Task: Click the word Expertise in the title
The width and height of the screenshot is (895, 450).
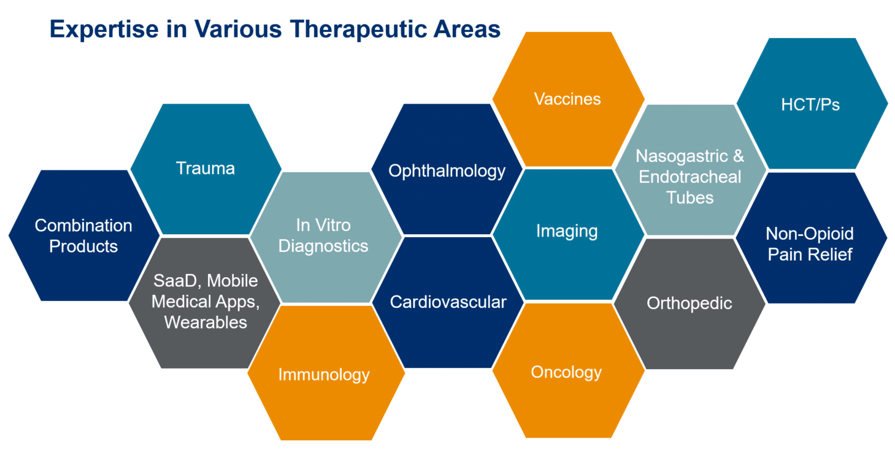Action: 104,30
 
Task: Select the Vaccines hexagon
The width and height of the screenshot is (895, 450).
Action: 568,99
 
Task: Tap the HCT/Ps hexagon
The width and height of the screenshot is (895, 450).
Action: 812,104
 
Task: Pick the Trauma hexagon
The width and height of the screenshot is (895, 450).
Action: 206,169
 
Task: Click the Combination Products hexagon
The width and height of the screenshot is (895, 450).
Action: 84,235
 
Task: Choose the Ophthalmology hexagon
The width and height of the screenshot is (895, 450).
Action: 447,169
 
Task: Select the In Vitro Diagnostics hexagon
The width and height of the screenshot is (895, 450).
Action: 325,237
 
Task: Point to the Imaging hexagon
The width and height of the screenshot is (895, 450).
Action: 568,234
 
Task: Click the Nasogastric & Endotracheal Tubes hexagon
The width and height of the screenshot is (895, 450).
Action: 690,170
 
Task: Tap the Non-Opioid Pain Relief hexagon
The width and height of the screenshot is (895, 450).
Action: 811,238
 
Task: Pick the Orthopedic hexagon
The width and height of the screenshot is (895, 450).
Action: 689,304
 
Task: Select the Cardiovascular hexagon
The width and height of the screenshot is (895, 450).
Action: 448,302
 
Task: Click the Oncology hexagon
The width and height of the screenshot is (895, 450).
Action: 568,370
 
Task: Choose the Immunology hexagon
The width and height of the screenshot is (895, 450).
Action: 326,373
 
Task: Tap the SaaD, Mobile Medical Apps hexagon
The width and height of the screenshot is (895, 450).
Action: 204,303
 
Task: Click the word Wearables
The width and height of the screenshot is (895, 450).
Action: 206,322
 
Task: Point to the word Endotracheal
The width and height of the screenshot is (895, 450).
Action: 690,177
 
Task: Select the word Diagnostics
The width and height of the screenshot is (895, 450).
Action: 323,246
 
